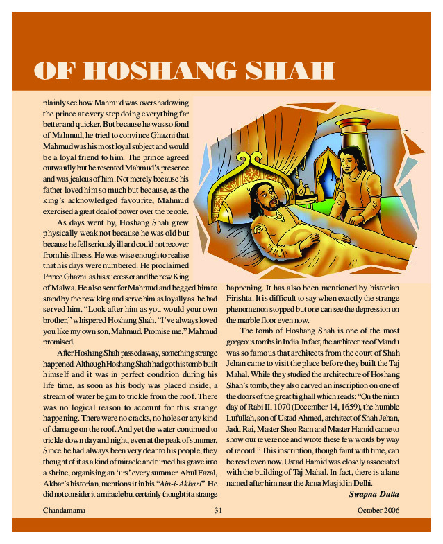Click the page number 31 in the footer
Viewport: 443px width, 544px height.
[x=217, y=511]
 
